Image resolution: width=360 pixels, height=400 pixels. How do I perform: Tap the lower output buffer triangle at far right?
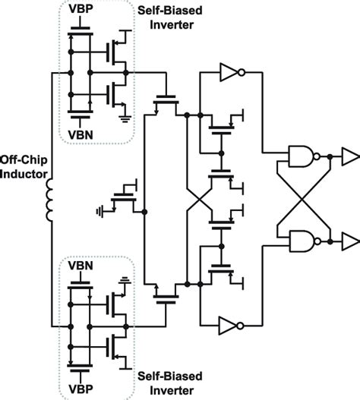pos(349,241)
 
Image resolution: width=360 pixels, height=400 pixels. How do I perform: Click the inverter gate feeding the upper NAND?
pos(230,73)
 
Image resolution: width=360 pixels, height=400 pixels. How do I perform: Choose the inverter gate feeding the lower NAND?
pos(230,325)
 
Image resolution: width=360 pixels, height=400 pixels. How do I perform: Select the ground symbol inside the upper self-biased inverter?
pos(123,115)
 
